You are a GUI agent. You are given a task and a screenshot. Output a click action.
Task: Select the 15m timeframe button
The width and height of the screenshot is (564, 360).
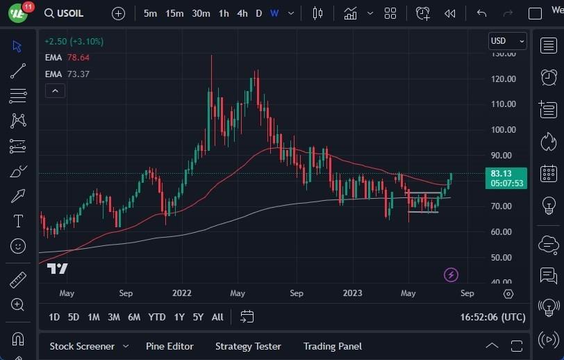point(174,13)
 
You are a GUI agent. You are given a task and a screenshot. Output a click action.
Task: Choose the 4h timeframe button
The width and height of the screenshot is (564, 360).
point(242,13)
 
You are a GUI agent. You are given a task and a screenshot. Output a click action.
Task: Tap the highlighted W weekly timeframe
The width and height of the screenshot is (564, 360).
point(274,13)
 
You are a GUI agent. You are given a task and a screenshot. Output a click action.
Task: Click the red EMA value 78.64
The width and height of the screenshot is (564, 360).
point(78,58)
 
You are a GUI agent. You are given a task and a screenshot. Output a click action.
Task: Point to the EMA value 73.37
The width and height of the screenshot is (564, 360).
point(78,74)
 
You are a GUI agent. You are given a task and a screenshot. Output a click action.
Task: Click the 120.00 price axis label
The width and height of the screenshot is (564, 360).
point(503,79)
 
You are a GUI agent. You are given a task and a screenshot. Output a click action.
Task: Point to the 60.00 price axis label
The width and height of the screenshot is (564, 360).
point(503,231)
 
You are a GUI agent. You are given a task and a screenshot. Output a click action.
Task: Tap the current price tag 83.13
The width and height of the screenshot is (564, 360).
point(506,174)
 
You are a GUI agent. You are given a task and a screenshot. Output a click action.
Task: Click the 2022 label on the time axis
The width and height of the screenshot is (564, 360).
point(182,293)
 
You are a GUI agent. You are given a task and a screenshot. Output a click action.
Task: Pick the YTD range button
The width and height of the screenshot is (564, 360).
point(157,317)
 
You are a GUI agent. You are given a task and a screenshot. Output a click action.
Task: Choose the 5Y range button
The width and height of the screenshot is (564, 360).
point(198,317)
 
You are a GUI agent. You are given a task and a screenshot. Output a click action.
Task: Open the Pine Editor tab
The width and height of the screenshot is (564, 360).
point(169,346)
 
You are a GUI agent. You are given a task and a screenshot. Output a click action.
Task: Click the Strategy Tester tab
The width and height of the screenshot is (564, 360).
point(248,346)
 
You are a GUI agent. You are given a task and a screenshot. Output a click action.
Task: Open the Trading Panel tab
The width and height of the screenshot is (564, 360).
point(329,346)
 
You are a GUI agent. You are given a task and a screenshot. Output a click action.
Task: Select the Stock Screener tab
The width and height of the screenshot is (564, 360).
point(81,346)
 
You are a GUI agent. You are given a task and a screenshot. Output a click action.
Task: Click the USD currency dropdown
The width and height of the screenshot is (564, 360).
point(507,41)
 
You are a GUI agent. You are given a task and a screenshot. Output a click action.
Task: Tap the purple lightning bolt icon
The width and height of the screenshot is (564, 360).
point(451,275)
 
